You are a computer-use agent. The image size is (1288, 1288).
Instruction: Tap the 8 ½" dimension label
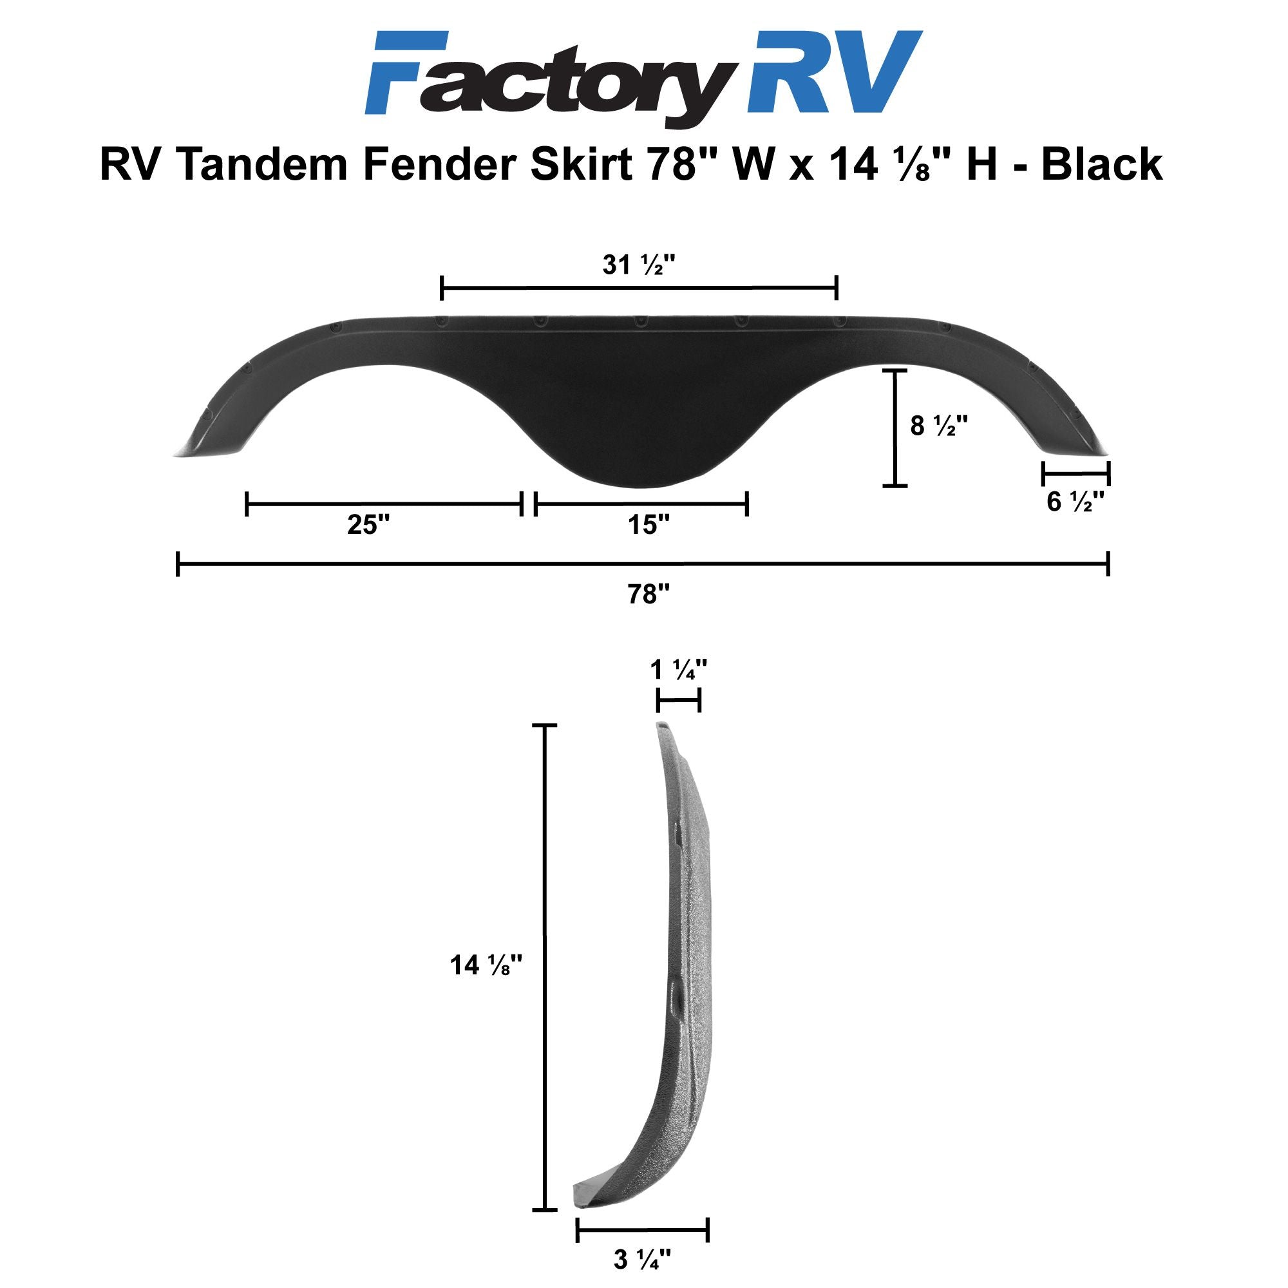[939, 426]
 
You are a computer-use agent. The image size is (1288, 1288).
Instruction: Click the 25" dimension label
[368, 526]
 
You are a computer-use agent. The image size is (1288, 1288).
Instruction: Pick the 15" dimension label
[649, 526]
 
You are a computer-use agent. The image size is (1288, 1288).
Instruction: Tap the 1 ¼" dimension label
[678, 669]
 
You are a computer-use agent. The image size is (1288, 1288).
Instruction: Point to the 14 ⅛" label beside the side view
[485, 965]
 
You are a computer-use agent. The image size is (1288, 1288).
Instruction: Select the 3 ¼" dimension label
[642, 1258]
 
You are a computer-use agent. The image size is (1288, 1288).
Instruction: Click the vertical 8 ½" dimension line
[895, 428]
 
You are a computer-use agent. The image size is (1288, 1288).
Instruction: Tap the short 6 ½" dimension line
[1075, 474]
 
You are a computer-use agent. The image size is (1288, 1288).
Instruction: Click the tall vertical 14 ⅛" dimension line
[546, 967]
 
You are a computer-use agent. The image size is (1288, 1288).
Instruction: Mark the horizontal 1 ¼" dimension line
[679, 701]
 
